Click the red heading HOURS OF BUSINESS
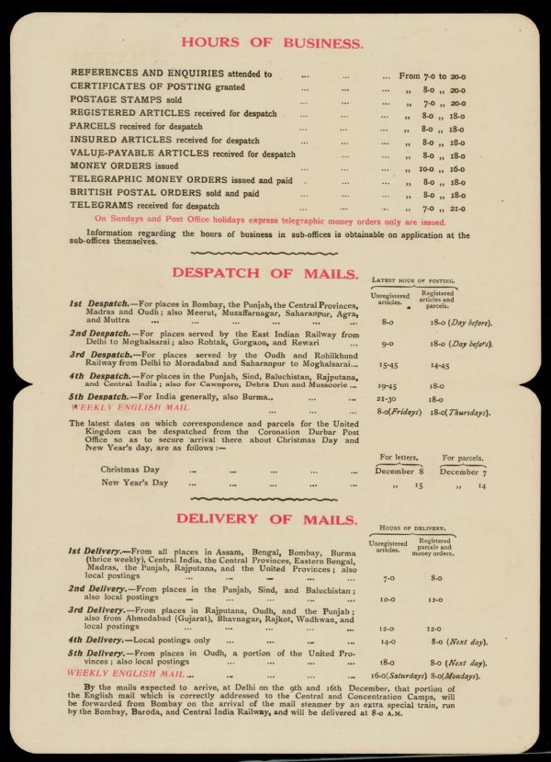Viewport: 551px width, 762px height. point(272,42)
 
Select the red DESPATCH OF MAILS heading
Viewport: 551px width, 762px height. point(264,273)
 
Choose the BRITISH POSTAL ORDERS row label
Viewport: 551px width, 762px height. point(164,194)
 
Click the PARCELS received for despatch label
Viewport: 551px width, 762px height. point(136,127)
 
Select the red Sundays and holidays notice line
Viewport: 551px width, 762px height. point(270,222)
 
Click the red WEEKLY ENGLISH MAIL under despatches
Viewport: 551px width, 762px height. point(129,405)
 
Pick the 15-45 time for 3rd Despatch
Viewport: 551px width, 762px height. point(388,365)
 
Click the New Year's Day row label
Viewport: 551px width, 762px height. point(134,483)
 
